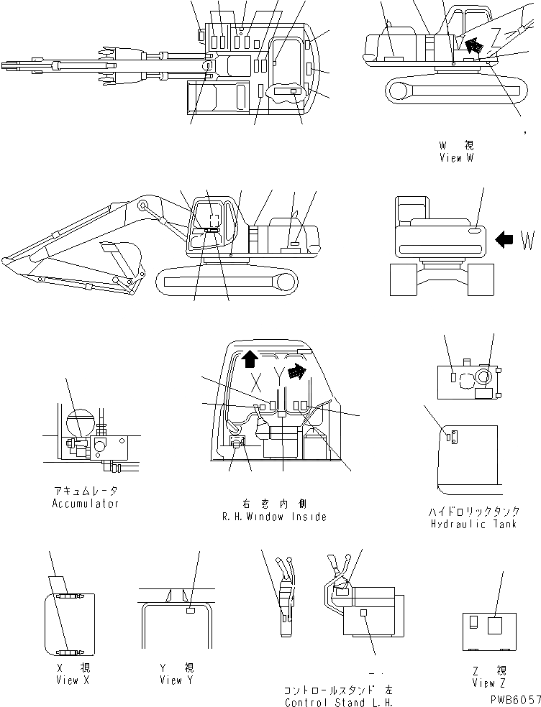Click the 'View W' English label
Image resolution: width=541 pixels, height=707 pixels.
(x=456, y=158)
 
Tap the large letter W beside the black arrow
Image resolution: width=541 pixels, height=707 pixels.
(x=527, y=240)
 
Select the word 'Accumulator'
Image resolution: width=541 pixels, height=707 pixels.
(x=86, y=504)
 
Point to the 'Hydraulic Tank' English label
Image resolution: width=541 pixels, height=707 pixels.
(x=474, y=525)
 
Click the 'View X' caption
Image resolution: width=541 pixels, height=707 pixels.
(x=72, y=680)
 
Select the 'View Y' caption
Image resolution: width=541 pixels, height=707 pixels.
(x=176, y=680)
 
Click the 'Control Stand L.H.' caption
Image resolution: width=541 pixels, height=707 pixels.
(x=339, y=702)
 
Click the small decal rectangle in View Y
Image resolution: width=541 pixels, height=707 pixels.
(x=190, y=610)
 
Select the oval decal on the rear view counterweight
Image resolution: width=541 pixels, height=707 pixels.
(x=475, y=231)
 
